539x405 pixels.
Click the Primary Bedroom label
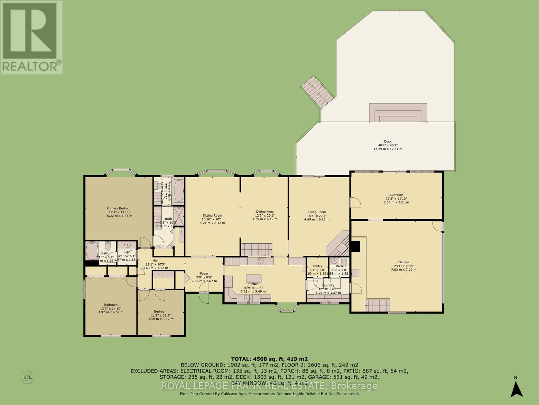point(119,208)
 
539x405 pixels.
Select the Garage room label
point(404,262)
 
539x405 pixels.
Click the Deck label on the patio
point(388,141)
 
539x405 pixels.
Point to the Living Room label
point(317,212)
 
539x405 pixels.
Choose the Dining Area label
point(265,212)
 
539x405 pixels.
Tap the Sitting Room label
point(212,215)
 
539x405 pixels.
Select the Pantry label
point(317,266)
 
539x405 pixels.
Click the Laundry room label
point(328,285)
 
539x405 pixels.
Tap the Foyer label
point(204,273)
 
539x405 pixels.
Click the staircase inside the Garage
point(377,306)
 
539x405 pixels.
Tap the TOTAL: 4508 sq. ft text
point(269,359)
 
